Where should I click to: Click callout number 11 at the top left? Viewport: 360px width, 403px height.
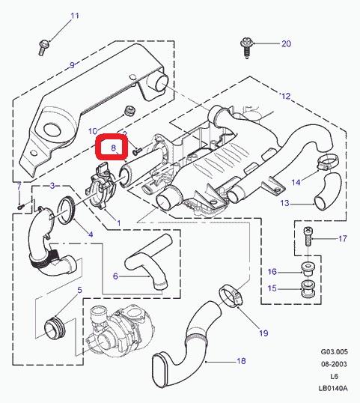point(75,16)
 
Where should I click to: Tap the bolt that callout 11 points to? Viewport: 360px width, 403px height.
point(43,47)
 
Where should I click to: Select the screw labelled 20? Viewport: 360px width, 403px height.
point(247,48)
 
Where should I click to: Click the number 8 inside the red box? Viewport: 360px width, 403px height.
point(114,148)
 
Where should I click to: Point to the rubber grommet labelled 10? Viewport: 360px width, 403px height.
point(129,111)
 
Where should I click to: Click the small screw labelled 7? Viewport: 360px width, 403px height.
point(20,205)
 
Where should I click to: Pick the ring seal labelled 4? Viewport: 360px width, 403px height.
point(67,210)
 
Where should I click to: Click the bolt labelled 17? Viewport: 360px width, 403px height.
point(308,236)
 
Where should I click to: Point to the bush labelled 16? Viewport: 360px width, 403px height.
point(308,270)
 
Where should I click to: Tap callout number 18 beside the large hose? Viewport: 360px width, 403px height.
point(241,361)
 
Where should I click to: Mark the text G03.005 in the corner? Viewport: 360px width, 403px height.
point(334,351)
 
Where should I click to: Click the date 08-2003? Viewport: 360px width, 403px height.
point(334,364)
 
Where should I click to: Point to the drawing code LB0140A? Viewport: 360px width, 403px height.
point(333,388)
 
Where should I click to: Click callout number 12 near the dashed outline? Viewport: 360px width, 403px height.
point(286,96)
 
